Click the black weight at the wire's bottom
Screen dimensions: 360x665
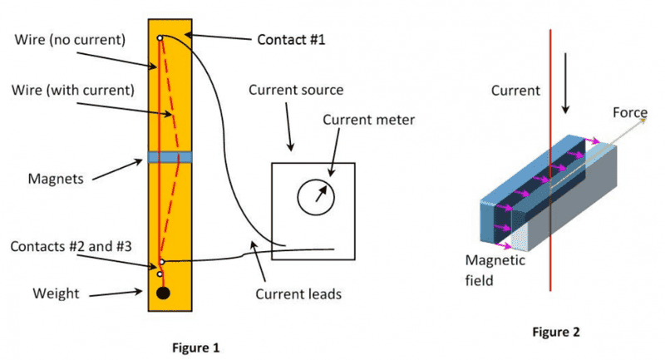click(x=164, y=293)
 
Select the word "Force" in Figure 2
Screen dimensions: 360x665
click(x=630, y=112)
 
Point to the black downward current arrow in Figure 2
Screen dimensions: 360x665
click(x=566, y=97)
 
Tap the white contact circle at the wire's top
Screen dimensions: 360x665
click(x=160, y=38)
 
